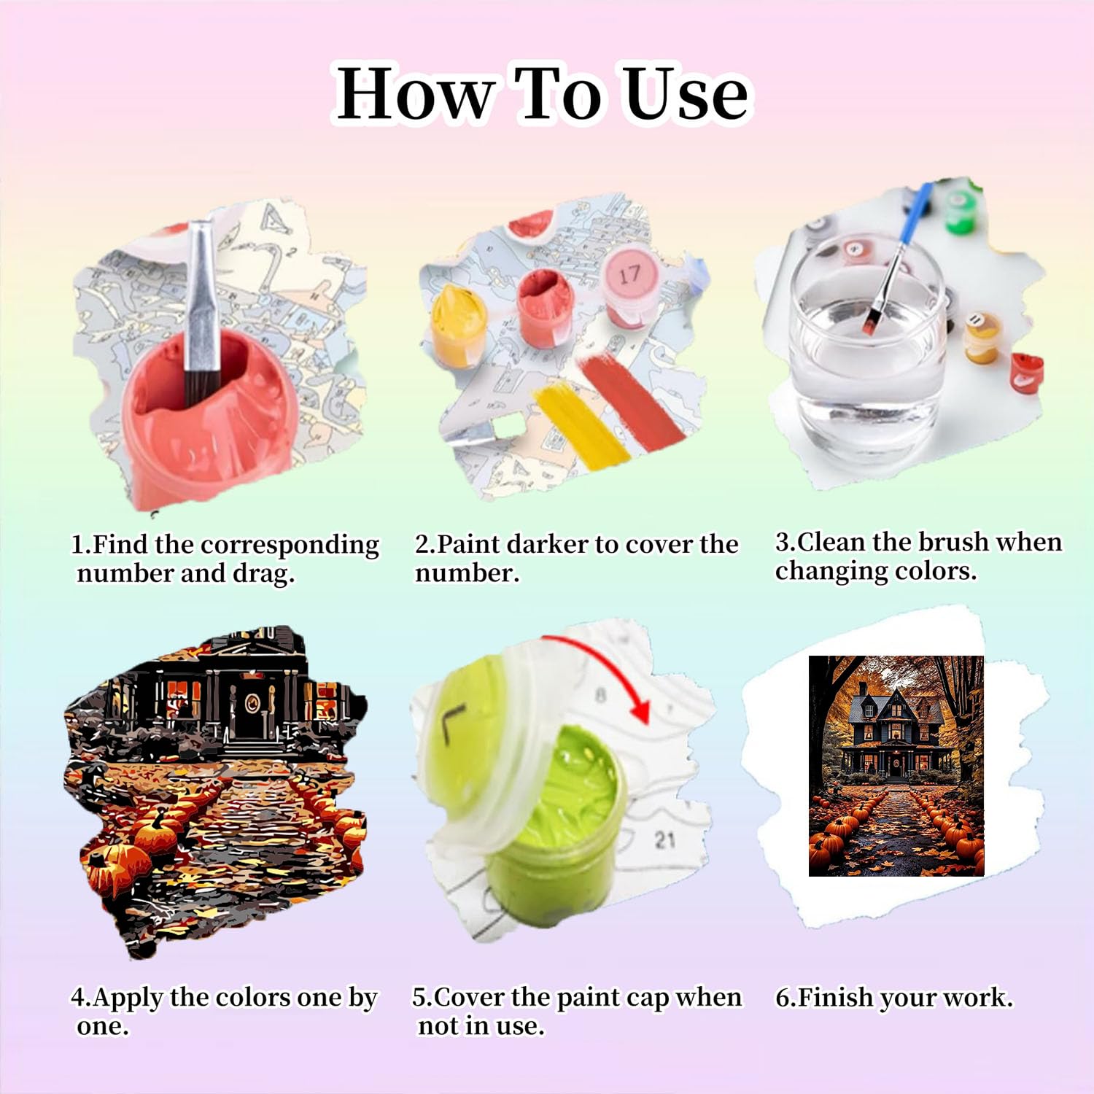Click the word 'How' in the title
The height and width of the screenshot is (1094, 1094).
[x=414, y=93]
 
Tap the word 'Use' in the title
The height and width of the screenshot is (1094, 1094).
[x=687, y=93]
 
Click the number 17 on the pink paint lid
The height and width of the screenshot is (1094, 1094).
[x=629, y=275]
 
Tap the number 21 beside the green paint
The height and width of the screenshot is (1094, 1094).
[x=664, y=840]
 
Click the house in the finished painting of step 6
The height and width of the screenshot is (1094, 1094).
[x=891, y=733]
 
